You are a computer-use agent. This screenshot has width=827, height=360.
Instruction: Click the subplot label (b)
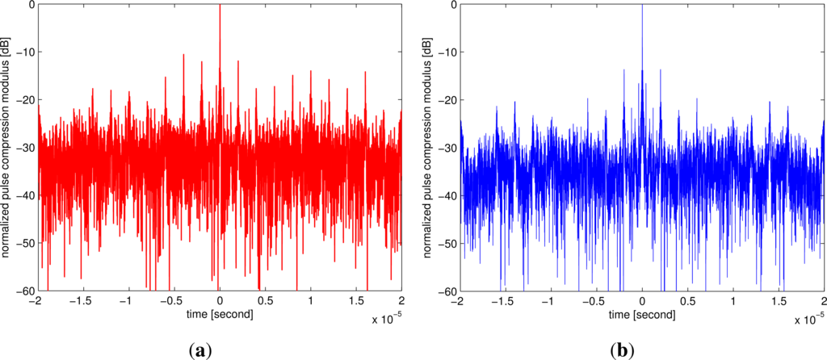click(x=623, y=350)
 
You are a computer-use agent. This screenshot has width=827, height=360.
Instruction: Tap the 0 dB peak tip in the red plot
click(x=220, y=5)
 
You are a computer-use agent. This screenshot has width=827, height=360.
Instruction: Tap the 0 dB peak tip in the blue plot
click(x=642, y=5)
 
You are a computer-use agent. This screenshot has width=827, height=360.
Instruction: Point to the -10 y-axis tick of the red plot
click(x=23, y=52)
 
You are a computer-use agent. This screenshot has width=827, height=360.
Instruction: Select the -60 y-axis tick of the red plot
click(x=23, y=291)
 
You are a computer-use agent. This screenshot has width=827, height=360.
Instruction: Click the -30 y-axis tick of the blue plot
click(x=447, y=148)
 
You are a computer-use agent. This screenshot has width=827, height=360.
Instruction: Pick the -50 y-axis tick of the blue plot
click(x=447, y=243)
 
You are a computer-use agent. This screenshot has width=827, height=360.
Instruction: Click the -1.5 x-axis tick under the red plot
click(x=81, y=300)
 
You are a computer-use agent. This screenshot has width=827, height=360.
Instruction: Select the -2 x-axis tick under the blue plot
click(x=458, y=300)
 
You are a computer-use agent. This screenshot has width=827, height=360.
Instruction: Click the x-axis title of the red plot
click(x=220, y=312)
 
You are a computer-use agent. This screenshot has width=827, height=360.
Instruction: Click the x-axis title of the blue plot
click(x=642, y=312)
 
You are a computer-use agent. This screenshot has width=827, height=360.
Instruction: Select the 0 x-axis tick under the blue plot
click(x=642, y=300)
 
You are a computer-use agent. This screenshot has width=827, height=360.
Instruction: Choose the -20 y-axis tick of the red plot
click(x=23, y=100)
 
